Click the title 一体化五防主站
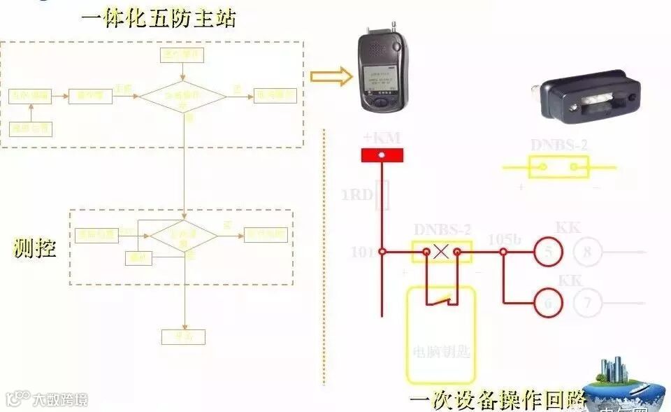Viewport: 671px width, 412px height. [159, 17]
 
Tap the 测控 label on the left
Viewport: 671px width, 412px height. [34, 248]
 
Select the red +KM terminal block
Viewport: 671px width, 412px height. [381, 155]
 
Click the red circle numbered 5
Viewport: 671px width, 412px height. [549, 251]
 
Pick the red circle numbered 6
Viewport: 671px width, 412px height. [549, 304]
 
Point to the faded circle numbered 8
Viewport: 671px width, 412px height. [587, 251]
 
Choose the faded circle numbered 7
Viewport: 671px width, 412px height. [587, 304]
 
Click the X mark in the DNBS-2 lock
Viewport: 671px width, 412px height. [441, 251]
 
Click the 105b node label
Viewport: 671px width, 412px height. [505, 239]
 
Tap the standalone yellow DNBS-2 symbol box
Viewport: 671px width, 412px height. [558, 167]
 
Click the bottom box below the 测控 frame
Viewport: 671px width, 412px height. [183, 336]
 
